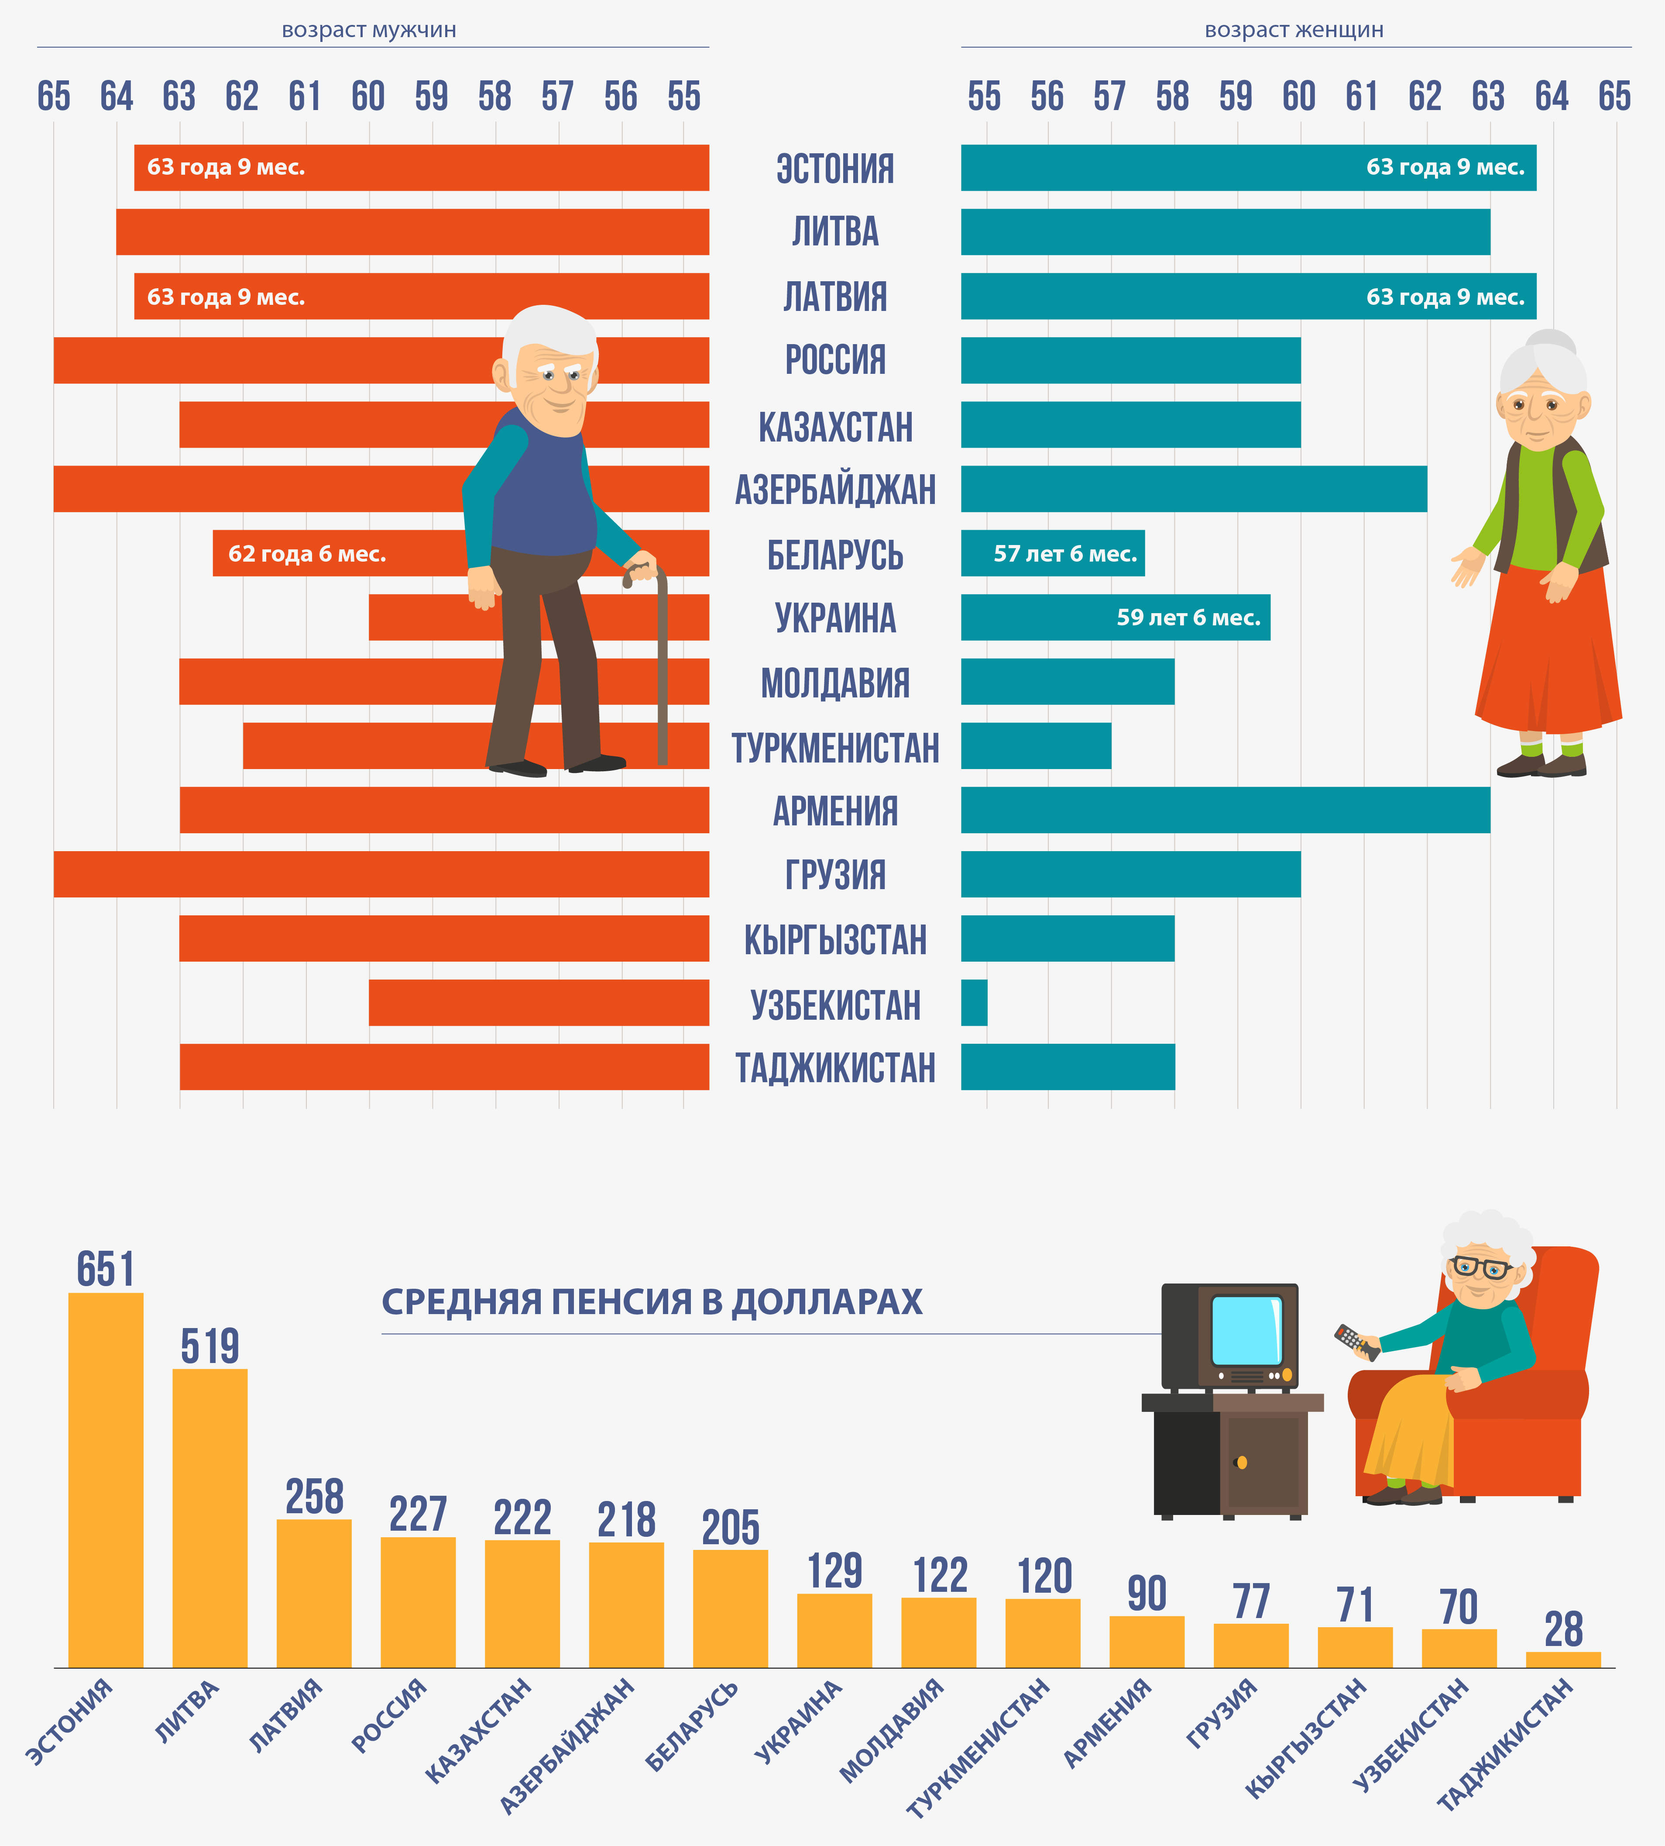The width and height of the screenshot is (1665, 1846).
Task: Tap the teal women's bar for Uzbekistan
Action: [974, 1002]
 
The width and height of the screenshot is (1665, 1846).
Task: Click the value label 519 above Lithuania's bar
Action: [209, 1346]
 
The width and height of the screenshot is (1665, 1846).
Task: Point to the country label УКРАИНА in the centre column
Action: [835, 618]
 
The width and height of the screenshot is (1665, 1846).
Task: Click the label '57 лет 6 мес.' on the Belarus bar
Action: [1065, 554]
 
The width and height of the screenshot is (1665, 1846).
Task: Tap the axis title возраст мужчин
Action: [369, 30]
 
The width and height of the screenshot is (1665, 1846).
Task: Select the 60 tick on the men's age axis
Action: [369, 96]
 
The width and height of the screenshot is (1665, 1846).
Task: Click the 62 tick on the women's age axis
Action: [1425, 96]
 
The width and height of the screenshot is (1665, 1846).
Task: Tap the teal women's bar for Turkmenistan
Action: [1036, 746]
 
